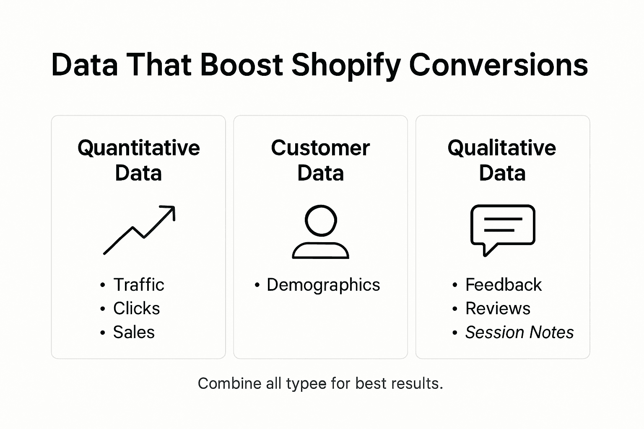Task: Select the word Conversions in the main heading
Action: (x=498, y=65)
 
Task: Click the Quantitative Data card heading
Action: (x=138, y=160)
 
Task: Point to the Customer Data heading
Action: (x=320, y=160)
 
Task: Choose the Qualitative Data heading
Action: (x=502, y=160)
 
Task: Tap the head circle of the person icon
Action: (x=321, y=220)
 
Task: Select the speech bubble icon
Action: (x=502, y=228)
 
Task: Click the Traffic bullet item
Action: (x=138, y=285)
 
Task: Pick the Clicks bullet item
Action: (x=136, y=309)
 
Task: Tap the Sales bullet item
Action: (x=134, y=333)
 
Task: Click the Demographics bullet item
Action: (x=323, y=285)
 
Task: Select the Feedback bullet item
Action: (x=503, y=285)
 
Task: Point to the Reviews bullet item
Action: (x=498, y=309)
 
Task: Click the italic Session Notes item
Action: (x=519, y=333)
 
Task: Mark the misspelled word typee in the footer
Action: (x=306, y=384)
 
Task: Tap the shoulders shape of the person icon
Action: (x=320, y=251)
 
